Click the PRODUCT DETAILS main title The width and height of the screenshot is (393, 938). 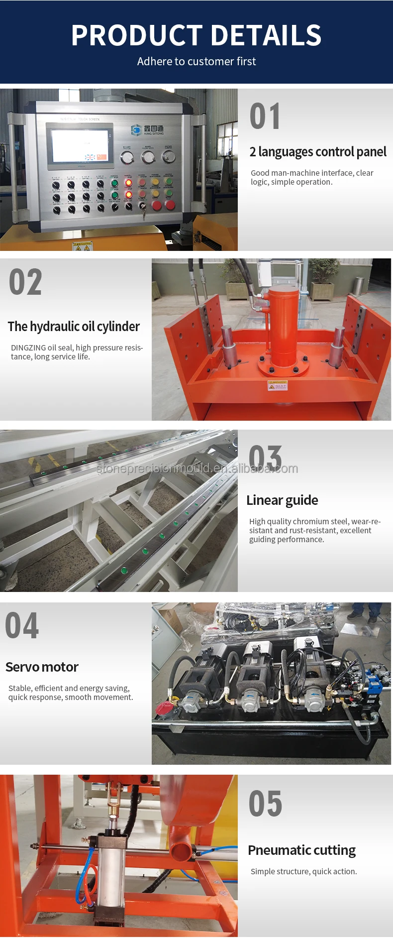[x=196, y=35]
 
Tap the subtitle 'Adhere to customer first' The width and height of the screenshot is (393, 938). [x=196, y=62]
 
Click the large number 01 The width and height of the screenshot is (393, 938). [x=265, y=117]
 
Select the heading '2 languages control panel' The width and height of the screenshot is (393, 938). [x=317, y=152]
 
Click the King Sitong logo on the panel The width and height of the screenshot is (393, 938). [x=147, y=130]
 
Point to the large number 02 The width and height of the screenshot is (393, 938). [x=25, y=282]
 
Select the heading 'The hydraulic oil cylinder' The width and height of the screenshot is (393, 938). [x=74, y=327]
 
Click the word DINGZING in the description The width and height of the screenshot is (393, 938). [x=28, y=348]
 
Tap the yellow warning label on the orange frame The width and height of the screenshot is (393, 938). [x=277, y=386]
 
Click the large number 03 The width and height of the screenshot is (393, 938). [x=265, y=457]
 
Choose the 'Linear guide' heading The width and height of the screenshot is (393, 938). [x=282, y=500]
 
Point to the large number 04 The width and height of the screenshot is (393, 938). [x=22, y=626]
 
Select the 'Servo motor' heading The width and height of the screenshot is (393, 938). [x=42, y=667]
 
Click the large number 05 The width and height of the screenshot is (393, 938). [x=265, y=804]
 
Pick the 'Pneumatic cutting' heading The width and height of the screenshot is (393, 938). [x=301, y=850]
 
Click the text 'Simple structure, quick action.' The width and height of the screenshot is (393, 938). [x=303, y=871]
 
